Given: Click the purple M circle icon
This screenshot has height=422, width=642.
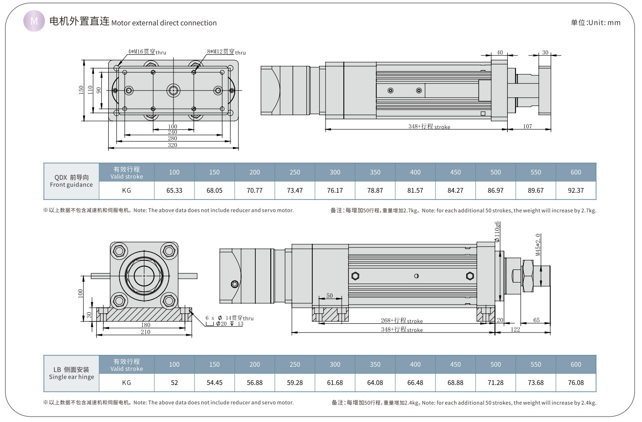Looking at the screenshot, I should tap(34, 21).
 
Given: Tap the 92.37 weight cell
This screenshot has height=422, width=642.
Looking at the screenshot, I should tap(575, 190).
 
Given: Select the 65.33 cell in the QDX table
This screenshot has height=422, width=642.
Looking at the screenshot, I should tap(174, 190).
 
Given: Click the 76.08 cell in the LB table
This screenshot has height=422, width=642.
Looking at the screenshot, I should tap(575, 383).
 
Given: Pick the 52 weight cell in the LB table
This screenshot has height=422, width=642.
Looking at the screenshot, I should tap(174, 383).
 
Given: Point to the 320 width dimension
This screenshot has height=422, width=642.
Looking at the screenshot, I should tap(172, 145).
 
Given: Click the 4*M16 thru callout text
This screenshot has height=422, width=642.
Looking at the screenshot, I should tap(147, 52).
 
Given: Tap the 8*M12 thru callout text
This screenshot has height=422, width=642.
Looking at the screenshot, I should tap(226, 52).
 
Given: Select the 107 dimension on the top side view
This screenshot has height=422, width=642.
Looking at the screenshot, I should tap(527, 127).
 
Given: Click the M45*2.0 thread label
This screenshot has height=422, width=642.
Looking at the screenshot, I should tap(538, 245).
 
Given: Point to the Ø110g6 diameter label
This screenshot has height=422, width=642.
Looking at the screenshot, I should tap(497, 232).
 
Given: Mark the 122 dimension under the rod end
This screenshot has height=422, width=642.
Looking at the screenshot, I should tap(515, 329).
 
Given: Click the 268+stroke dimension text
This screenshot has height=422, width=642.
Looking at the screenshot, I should tap(402, 321).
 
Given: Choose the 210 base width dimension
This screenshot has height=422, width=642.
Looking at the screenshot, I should tap(145, 332).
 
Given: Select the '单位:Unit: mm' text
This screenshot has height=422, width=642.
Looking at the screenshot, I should tap(595, 22).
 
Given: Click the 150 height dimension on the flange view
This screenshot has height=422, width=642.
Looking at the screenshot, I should tap(81, 90).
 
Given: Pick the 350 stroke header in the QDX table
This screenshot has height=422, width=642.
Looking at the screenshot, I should tap(375, 172).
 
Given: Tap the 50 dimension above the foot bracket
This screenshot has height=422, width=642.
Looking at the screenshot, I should tap(330, 296).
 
